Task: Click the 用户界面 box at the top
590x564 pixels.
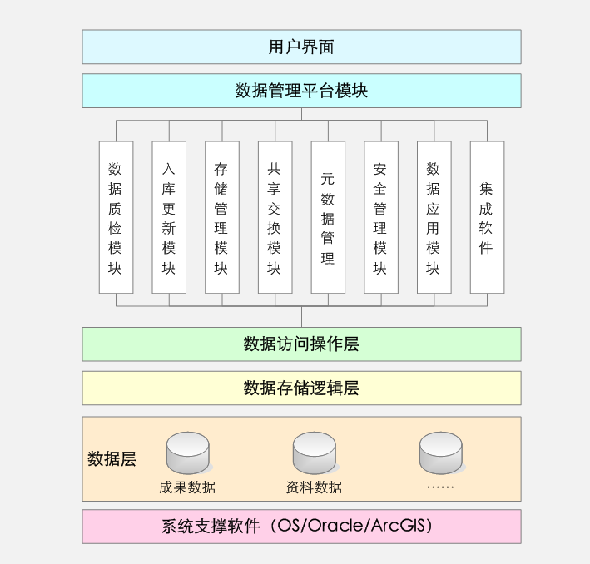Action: coord(301,47)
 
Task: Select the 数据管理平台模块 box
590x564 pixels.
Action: coord(301,91)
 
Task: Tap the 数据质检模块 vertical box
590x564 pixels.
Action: coord(116,217)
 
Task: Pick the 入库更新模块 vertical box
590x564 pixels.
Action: coord(169,217)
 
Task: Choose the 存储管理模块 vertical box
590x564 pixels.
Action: coord(222,217)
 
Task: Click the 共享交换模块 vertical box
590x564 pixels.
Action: coord(275,217)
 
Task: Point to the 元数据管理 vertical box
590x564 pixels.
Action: coord(328,217)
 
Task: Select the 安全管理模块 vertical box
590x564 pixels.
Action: coord(381,217)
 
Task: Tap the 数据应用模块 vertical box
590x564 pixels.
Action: coord(434,217)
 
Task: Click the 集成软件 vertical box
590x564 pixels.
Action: coord(487,217)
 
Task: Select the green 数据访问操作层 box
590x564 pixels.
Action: coord(301,344)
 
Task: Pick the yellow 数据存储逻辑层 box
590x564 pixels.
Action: coord(301,388)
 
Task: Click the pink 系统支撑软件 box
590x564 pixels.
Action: coord(301,527)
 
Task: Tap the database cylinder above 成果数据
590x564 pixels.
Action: coord(187,453)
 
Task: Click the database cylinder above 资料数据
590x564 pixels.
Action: coord(314,453)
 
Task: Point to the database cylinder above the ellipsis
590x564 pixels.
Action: coord(440,453)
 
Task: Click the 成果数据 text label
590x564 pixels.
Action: coord(187,487)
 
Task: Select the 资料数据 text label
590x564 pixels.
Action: coord(314,487)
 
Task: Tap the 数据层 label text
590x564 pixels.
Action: coord(112,458)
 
